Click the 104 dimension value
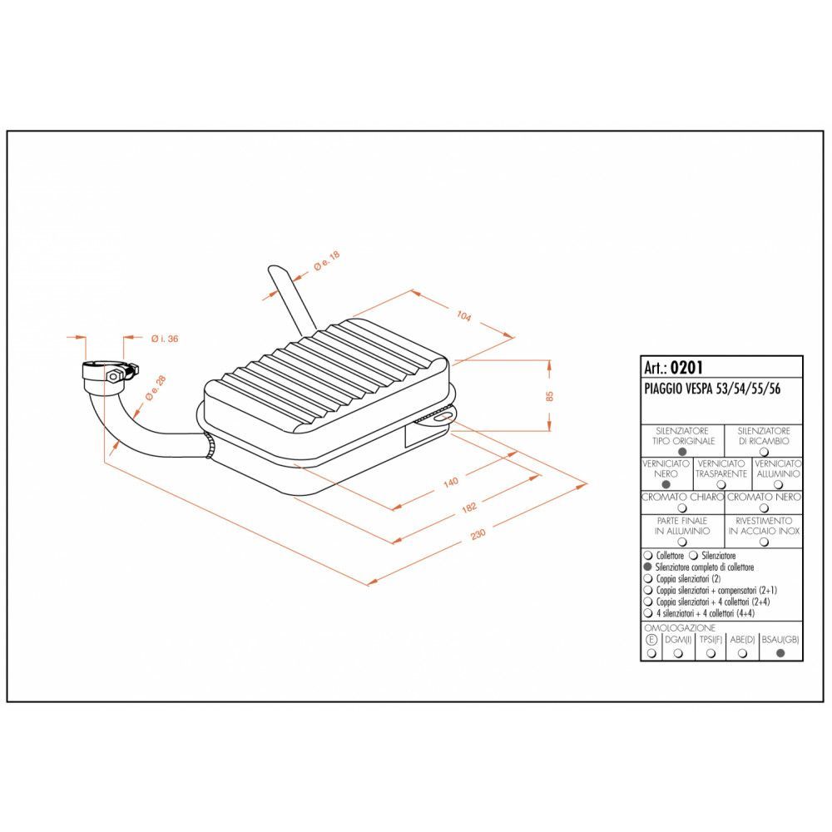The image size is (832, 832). pos(463,316)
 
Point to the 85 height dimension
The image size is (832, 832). pos(550,396)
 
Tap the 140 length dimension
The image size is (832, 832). pos(450,482)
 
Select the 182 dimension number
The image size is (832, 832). pos(469,508)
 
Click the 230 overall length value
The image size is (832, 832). pos(478,534)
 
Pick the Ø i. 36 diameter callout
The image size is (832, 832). pos(165,339)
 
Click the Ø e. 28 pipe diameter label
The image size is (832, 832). pos(155,388)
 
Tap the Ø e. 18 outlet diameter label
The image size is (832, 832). pos(326,261)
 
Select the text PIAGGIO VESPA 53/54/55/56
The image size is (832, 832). pos(712,389)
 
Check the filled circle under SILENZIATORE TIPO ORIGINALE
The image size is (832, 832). pos(683,452)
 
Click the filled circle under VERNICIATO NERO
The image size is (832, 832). pos(666,484)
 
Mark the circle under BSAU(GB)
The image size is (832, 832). pos(780,653)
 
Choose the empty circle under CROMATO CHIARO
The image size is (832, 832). pos(682,508)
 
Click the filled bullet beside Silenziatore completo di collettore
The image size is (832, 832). pos(647,567)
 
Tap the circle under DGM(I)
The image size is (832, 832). pos(678,653)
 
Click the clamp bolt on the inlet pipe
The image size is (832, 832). pos(113,376)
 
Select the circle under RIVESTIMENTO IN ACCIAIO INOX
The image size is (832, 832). pos(764,542)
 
